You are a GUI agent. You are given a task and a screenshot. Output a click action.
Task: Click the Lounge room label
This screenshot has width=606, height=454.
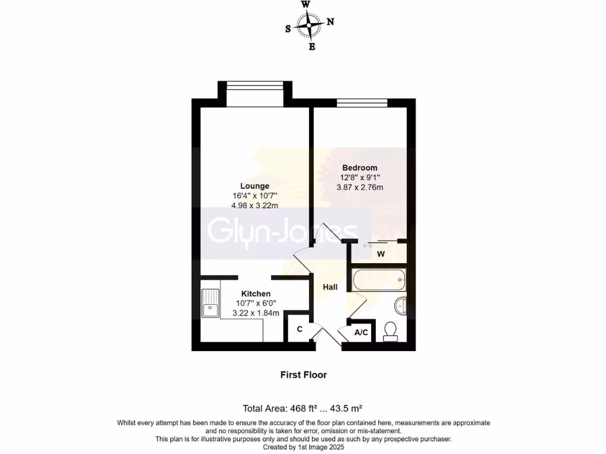(x=254, y=186)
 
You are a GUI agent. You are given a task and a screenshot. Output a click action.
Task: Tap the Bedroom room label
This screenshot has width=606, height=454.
(x=359, y=168)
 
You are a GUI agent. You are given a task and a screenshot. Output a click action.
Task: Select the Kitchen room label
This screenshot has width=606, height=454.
(x=256, y=294)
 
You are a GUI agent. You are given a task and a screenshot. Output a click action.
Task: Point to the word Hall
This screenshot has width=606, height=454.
(x=330, y=287)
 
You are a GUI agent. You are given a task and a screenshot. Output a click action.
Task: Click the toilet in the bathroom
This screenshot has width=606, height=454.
(x=391, y=330)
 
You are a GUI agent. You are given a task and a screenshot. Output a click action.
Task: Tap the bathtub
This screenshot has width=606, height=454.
(x=378, y=279)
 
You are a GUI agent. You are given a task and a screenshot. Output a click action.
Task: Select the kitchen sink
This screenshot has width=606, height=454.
(x=209, y=302)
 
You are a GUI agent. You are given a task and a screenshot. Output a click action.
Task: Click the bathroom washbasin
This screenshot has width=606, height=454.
(x=400, y=305)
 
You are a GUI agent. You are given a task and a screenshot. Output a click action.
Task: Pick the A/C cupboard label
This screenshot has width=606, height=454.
(x=361, y=333)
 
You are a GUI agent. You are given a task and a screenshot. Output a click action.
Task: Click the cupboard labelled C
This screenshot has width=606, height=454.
(x=299, y=329)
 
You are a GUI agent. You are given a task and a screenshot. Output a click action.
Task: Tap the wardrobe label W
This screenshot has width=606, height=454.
(x=381, y=254)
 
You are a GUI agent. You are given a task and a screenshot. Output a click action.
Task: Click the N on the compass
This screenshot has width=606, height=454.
(x=330, y=22)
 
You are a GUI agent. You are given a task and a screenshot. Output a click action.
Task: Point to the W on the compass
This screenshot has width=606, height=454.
(x=305, y=4)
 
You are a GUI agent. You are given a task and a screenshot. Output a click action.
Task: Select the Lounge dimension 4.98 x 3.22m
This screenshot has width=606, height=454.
(x=254, y=206)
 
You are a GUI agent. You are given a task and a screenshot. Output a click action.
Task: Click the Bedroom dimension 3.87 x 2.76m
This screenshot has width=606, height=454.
(x=359, y=188)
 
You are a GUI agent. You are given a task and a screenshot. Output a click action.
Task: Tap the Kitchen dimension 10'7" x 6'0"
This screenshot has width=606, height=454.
(x=256, y=304)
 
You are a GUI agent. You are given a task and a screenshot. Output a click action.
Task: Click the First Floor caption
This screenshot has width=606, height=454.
(x=303, y=375)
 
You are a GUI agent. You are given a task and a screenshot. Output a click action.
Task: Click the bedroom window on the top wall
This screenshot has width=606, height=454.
(x=362, y=103)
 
